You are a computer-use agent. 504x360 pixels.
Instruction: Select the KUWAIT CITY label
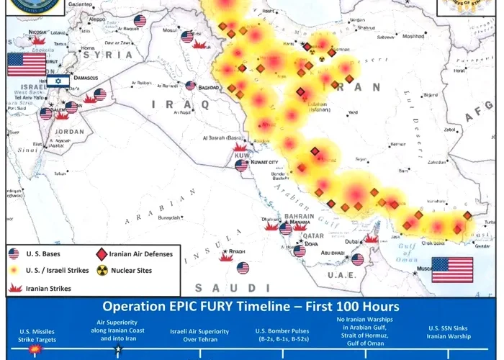click(x=264, y=163)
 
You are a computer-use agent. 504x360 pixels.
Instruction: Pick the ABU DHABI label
click(x=332, y=253)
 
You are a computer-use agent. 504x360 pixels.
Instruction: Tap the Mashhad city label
click(x=413, y=36)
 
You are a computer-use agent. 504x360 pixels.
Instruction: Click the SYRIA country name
click(x=108, y=54)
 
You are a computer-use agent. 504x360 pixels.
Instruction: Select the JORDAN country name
click(x=69, y=132)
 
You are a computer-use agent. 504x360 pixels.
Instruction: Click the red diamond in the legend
click(x=102, y=253)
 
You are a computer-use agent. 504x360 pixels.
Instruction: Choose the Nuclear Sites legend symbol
click(x=102, y=271)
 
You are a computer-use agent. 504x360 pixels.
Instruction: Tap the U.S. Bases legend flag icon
click(x=14, y=253)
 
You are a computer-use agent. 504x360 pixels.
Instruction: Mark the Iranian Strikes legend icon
click(x=14, y=288)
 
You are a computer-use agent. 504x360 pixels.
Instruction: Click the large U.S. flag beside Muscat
click(x=452, y=269)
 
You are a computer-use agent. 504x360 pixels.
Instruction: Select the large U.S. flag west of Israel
click(x=27, y=64)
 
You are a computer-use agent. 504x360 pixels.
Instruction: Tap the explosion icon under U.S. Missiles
click(x=34, y=349)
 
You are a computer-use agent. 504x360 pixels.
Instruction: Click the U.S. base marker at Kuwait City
click(x=242, y=166)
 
